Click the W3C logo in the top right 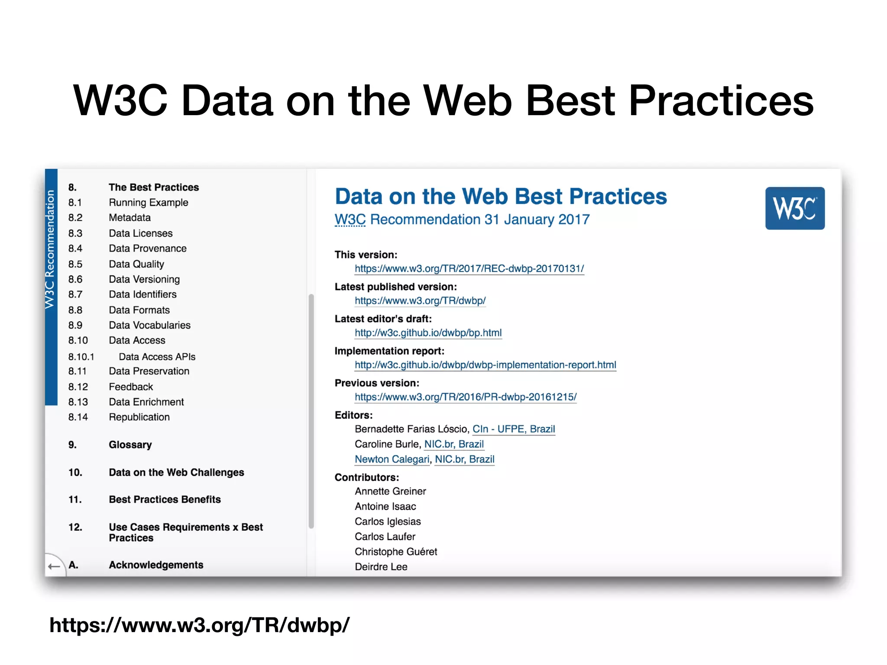(x=794, y=208)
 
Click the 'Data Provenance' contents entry (x=147, y=249)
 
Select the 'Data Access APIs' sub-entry (x=157, y=357)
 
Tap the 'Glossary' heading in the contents (x=130, y=445)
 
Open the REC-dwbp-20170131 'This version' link (x=469, y=269)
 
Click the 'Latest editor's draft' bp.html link (x=428, y=333)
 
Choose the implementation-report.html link (x=485, y=365)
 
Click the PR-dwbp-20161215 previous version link (x=466, y=397)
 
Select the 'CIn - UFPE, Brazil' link (x=513, y=429)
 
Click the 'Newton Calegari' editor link (x=392, y=459)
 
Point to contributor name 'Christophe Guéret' (x=395, y=552)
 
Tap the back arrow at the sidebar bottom (x=54, y=566)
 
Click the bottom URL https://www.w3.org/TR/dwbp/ (x=199, y=625)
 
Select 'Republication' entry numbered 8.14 (x=139, y=417)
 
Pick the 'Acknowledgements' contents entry (x=156, y=565)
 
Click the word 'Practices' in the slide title (x=721, y=100)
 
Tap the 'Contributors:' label (x=366, y=478)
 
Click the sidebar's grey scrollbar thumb (x=311, y=411)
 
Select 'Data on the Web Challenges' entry (x=176, y=472)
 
